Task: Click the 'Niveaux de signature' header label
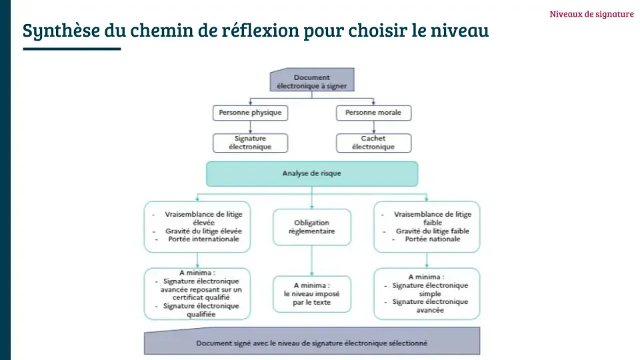[591, 14]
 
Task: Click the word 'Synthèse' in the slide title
[53, 31]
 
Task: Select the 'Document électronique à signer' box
[311, 81]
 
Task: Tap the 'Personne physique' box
[250, 113]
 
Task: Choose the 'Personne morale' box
[373, 113]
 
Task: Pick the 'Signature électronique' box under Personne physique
[250, 143]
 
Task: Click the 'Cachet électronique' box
[373, 143]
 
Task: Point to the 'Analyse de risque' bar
[311, 173]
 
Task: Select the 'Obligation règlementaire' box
[311, 227]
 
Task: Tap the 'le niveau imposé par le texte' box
[311, 294]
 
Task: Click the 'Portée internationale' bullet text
[203, 239]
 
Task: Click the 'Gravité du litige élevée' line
[203, 231]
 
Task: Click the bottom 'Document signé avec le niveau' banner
[311, 343]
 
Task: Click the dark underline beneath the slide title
[71, 49]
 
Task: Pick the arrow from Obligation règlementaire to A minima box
[312, 261]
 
